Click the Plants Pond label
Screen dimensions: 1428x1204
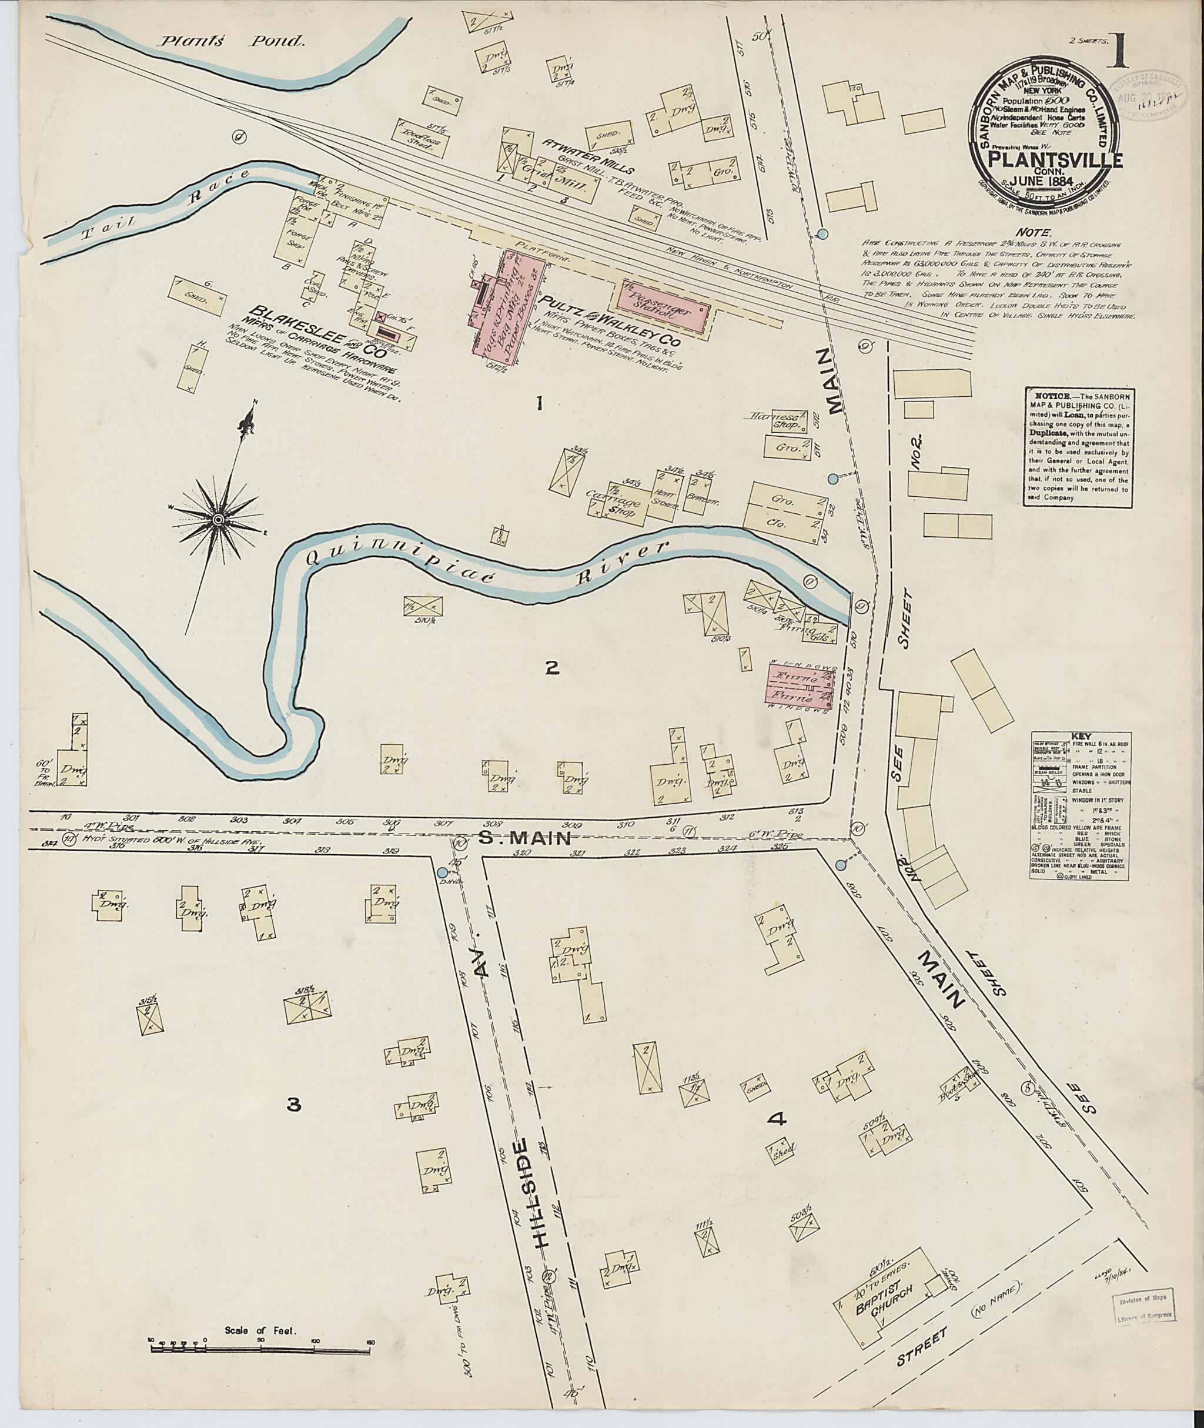click(232, 42)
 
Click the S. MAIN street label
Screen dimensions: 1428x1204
click(534, 839)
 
